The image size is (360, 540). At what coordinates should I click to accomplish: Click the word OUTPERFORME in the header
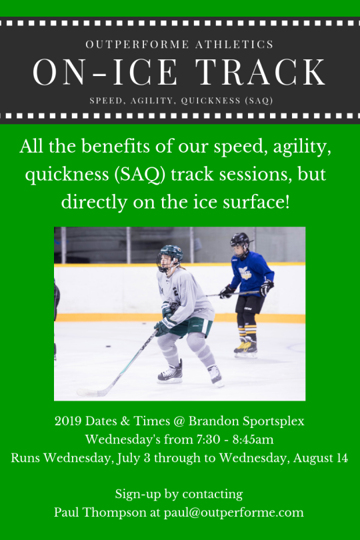point(137,45)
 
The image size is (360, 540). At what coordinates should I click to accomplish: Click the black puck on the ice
point(108,346)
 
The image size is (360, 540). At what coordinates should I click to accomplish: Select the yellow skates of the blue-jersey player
point(245,346)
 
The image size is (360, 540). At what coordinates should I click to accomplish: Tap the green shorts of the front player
point(193,327)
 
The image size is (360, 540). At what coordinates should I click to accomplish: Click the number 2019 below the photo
point(68,421)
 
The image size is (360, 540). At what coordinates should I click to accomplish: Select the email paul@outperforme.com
point(233,513)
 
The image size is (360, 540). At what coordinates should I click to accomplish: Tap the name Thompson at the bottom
point(115,513)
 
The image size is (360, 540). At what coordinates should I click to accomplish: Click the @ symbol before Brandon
point(179,421)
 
